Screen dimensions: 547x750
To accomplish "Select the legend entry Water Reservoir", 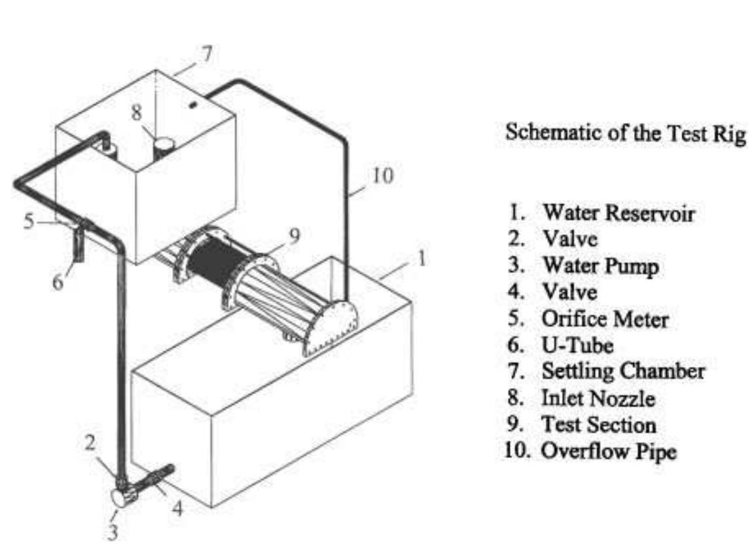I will tap(617, 213).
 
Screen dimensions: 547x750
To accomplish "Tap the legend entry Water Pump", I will tap(600, 267).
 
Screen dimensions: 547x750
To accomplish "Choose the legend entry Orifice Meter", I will tap(605, 320).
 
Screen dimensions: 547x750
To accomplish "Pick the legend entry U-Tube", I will tap(578, 345).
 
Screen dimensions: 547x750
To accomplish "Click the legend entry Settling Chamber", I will tap(623, 372).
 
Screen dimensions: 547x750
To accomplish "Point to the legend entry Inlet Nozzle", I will tap(598, 398).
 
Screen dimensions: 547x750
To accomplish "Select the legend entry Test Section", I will tap(598, 425).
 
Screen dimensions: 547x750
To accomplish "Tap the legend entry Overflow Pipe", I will tap(607, 451).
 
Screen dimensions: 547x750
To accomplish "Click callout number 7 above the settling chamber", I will tap(206, 54).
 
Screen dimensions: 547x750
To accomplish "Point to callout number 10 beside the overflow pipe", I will tap(383, 177).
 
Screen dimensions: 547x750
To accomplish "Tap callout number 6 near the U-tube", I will tap(58, 282).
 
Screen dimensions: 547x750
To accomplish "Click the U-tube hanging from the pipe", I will tap(77, 243).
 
